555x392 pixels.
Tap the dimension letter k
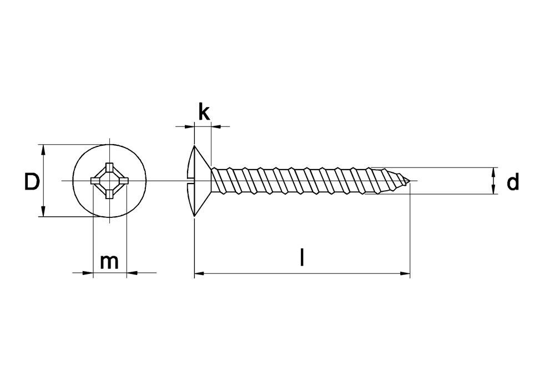pos(204,113)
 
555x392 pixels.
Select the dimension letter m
pos(109,262)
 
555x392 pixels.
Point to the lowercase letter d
pos(512,181)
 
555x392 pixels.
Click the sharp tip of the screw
pos(410,181)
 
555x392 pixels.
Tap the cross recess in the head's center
pos(109,181)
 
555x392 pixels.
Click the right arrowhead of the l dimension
pos(405,273)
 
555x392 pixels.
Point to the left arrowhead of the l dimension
pos(200,273)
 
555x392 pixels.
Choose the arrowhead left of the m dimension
pos(88,273)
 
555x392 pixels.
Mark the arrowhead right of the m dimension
pos(132,273)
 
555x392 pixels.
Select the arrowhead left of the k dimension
pos(189,126)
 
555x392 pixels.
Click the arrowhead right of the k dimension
pos(216,126)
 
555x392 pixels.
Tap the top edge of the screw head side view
pos(194,145)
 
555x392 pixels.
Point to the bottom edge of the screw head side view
pos(194,216)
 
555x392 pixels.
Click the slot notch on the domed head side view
pos(190,181)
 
